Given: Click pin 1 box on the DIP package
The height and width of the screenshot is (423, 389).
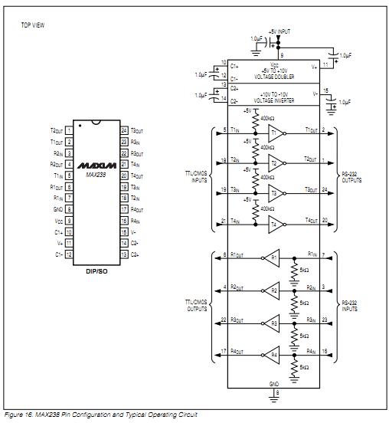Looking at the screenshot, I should (69, 131).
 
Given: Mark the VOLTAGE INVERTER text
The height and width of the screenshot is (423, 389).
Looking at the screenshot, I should (274, 101).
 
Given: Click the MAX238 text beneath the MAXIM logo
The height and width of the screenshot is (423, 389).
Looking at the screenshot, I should (97, 175).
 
